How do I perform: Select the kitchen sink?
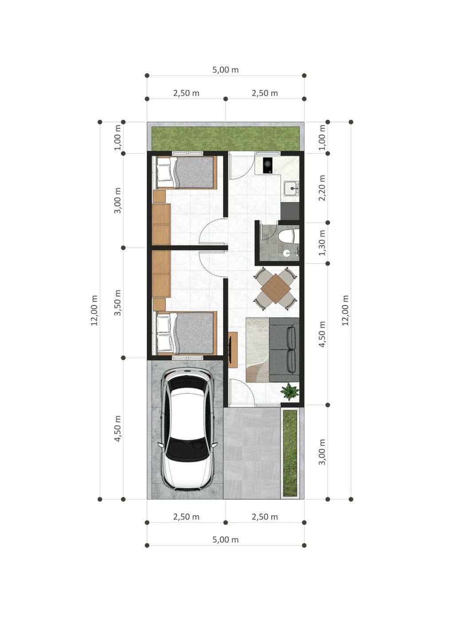click(x=291, y=189)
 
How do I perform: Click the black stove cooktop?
click(x=267, y=165)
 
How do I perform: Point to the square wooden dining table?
click(x=275, y=288)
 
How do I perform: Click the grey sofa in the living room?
click(x=284, y=350)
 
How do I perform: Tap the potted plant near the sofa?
click(x=290, y=392)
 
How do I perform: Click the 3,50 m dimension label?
click(x=117, y=303)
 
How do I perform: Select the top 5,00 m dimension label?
click(x=225, y=70)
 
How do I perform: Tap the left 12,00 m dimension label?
click(x=94, y=310)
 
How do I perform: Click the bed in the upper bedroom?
click(x=186, y=172)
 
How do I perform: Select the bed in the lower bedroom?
click(x=186, y=333)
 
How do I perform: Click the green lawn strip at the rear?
click(x=225, y=138)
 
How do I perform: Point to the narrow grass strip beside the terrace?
click(x=290, y=453)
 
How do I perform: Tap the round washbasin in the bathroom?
click(x=286, y=253)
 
